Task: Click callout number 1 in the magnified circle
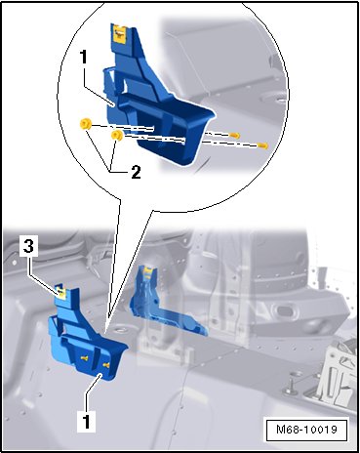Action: [84, 57]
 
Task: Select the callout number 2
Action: [136, 172]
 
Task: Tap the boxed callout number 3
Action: [28, 246]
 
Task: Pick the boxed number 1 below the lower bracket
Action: [86, 421]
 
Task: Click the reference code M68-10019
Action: [306, 430]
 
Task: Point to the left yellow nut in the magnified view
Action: [86, 124]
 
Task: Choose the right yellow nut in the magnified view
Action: [117, 136]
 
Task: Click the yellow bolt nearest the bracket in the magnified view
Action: [234, 136]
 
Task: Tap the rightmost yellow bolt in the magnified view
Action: [262, 145]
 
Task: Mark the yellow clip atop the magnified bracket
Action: [119, 33]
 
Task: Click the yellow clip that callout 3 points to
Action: [60, 291]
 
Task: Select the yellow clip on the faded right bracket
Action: [149, 269]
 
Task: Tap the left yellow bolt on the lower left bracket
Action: [84, 357]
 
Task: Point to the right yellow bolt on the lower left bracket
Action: [106, 366]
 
